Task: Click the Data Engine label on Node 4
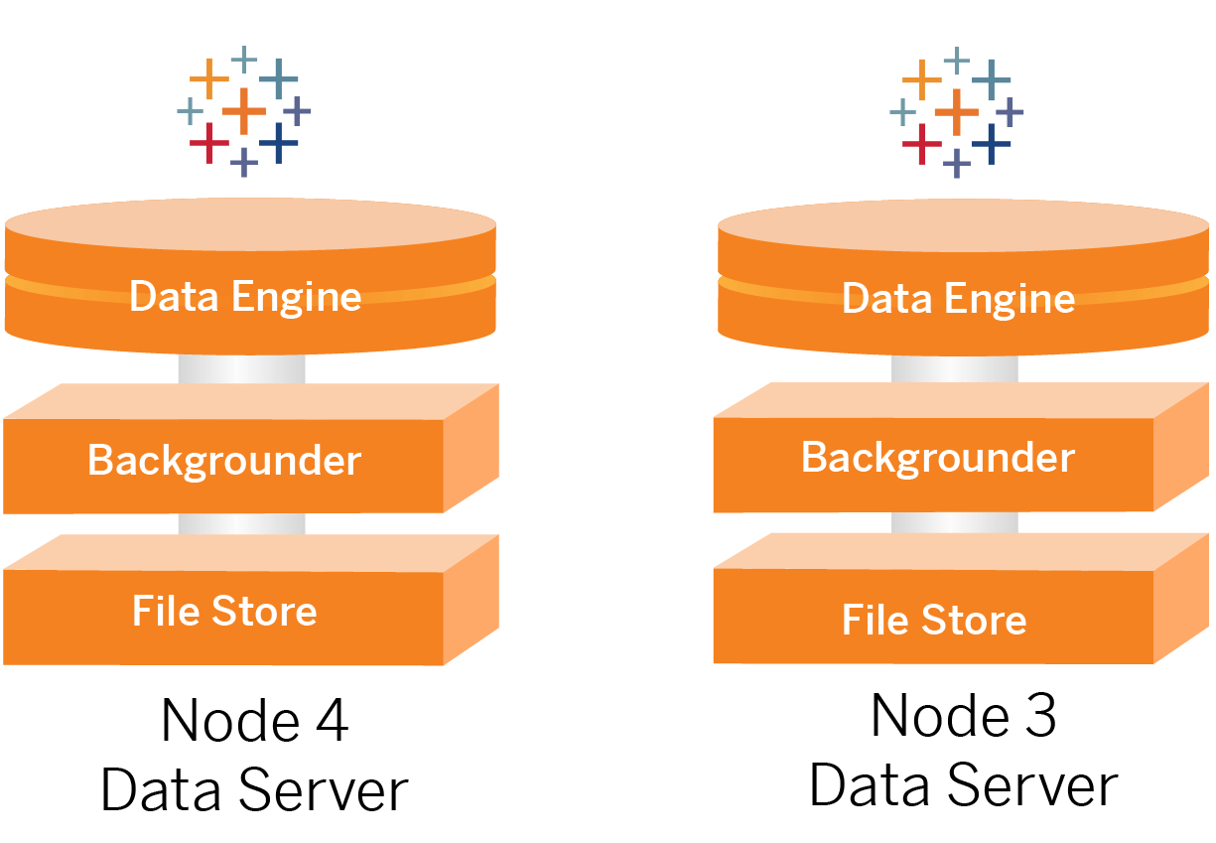pyautogui.click(x=245, y=297)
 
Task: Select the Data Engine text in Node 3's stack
pyautogui.click(x=958, y=299)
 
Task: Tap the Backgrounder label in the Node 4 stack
pyautogui.click(x=224, y=461)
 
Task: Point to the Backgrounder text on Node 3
pyautogui.click(x=937, y=458)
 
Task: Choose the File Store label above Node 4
pyautogui.click(x=224, y=611)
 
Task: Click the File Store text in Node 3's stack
pyautogui.click(x=934, y=620)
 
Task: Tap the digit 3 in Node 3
pyautogui.click(x=1038, y=716)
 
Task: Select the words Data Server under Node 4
pyautogui.click(x=254, y=791)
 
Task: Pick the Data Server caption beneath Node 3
pyautogui.click(x=963, y=785)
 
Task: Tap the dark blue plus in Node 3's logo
pyautogui.click(x=990, y=144)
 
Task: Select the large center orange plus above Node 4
pyautogui.click(x=244, y=110)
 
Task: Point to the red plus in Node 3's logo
pyautogui.click(x=922, y=144)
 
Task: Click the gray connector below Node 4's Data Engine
pyautogui.click(x=242, y=368)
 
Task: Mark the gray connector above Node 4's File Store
pyautogui.click(x=242, y=523)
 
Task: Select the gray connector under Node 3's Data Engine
pyautogui.click(x=954, y=368)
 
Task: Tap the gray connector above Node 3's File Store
pyautogui.click(x=954, y=522)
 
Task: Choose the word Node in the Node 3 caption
pyautogui.click(x=934, y=716)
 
